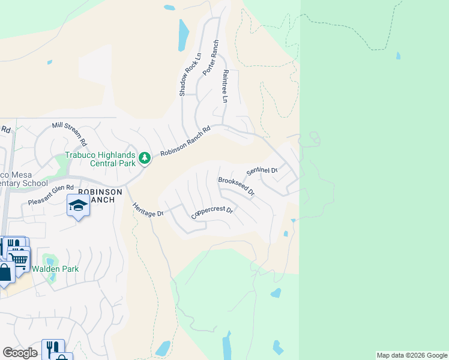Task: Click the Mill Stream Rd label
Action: (70, 134)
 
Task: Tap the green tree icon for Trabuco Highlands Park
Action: (144, 158)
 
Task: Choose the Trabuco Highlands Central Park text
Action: (101, 158)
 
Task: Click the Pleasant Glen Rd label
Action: (51, 196)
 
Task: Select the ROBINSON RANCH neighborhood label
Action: (100, 196)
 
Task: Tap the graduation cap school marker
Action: (78, 206)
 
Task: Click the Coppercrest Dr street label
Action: (212, 213)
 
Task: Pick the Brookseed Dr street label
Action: (237, 187)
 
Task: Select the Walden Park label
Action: (55, 269)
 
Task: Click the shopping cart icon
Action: (19, 259)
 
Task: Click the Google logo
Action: (20, 353)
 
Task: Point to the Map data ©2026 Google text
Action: (412, 355)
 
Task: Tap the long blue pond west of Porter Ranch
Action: (182, 35)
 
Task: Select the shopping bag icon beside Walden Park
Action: (5, 273)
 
